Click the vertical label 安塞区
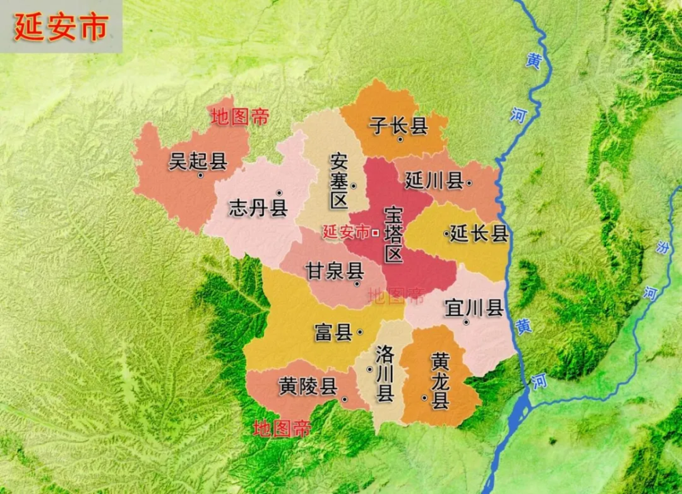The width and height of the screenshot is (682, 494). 339,181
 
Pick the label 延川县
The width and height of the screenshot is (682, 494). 434,181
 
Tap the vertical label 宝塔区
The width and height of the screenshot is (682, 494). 394,234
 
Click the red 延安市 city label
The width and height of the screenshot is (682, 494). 346,232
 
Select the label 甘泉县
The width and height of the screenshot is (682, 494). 334,271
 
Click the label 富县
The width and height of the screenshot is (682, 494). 333,332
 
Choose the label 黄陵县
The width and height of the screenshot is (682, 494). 308,387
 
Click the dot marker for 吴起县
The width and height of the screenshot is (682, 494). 201,175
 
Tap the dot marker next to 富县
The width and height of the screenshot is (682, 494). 359,332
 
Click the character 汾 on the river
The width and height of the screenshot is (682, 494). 659,247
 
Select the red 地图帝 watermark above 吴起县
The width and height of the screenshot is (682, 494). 239,117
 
